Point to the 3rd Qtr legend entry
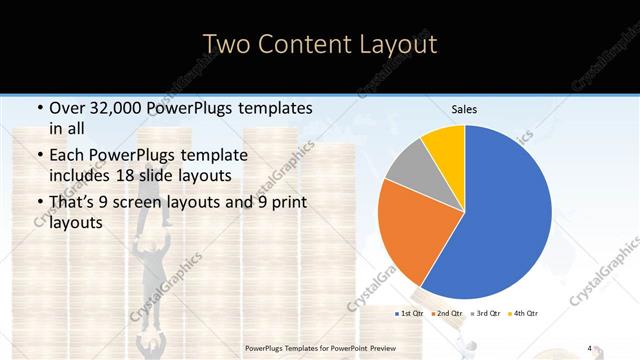(x=487, y=314)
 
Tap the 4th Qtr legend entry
(x=525, y=314)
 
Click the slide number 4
(x=590, y=347)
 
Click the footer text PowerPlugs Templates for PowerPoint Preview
(x=320, y=348)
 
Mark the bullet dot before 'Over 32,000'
(x=38, y=108)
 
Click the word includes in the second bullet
(x=84, y=176)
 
